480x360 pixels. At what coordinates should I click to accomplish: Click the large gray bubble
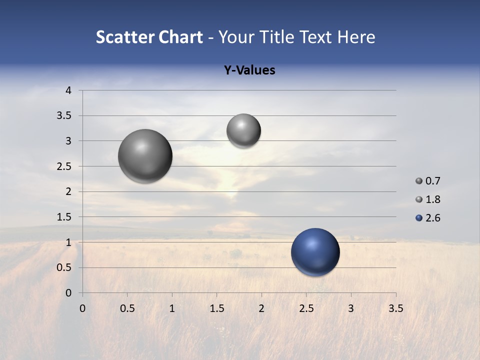point(145,156)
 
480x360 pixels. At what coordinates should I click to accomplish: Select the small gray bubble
point(243,130)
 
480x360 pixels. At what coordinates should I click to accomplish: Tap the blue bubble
point(315,252)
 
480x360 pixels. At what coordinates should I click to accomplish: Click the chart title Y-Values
point(249,70)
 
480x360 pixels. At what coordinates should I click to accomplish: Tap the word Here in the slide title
point(355,37)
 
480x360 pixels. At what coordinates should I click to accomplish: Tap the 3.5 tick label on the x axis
point(395,308)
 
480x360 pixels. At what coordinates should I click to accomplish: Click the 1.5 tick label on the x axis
point(216,308)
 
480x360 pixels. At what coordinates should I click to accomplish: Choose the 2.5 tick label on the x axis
point(306,308)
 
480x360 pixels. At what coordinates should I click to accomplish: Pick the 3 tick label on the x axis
point(351,308)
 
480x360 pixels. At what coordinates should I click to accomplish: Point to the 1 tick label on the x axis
point(172,308)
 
